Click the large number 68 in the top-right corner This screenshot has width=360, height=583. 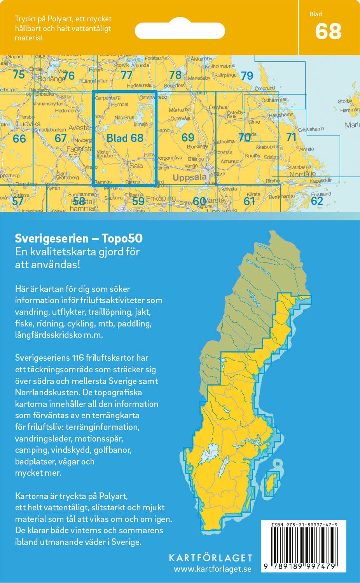pos(329,32)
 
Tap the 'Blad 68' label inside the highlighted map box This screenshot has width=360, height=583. pos(125,138)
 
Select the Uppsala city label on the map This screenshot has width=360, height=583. pos(189,178)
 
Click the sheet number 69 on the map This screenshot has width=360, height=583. pos(188,137)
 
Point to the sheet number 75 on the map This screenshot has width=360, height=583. pos(19,74)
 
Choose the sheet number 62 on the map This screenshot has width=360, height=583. pos(317,201)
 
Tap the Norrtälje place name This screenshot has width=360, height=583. pos(302,175)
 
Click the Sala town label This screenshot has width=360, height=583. pos(136,166)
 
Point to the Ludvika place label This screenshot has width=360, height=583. pos(28,124)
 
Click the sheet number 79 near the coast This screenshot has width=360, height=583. pos(247,76)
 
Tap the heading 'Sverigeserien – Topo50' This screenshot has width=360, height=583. pos(79,238)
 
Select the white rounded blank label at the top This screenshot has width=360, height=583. pos(180,30)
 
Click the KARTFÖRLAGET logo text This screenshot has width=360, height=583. pos(210,558)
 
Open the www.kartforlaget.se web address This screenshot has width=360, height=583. pos(212,569)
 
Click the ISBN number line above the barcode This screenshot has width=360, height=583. pos(304,525)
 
